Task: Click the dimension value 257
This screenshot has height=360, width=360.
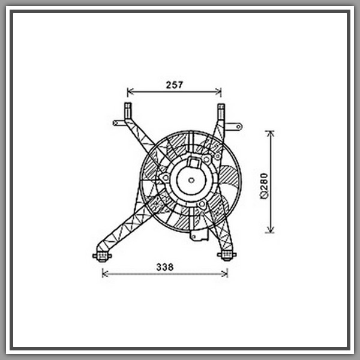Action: pyautogui.click(x=174, y=85)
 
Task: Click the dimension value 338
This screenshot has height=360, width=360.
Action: pyautogui.click(x=165, y=267)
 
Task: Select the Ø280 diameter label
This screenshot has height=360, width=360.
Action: pyautogui.click(x=264, y=186)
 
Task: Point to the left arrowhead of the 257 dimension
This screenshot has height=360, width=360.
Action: pyautogui.click(x=130, y=92)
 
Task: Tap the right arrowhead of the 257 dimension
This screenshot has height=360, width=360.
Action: pyautogui.click(x=218, y=92)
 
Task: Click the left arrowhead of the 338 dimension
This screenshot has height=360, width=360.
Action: pyautogui.click(x=106, y=274)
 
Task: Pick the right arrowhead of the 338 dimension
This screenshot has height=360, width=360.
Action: pyautogui.click(x=224, y=274)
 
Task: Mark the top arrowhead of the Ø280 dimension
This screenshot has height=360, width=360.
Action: pyautogui.click(x=271, y=134)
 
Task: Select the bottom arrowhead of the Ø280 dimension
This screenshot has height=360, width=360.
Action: pyautogui.click(x=271, y=230)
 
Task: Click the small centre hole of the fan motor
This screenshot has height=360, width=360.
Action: pyautogui.click(x=191, y=180)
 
